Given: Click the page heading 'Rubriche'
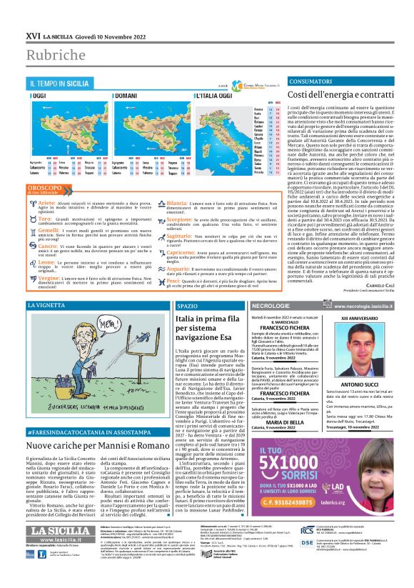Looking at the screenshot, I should [54, 55].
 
